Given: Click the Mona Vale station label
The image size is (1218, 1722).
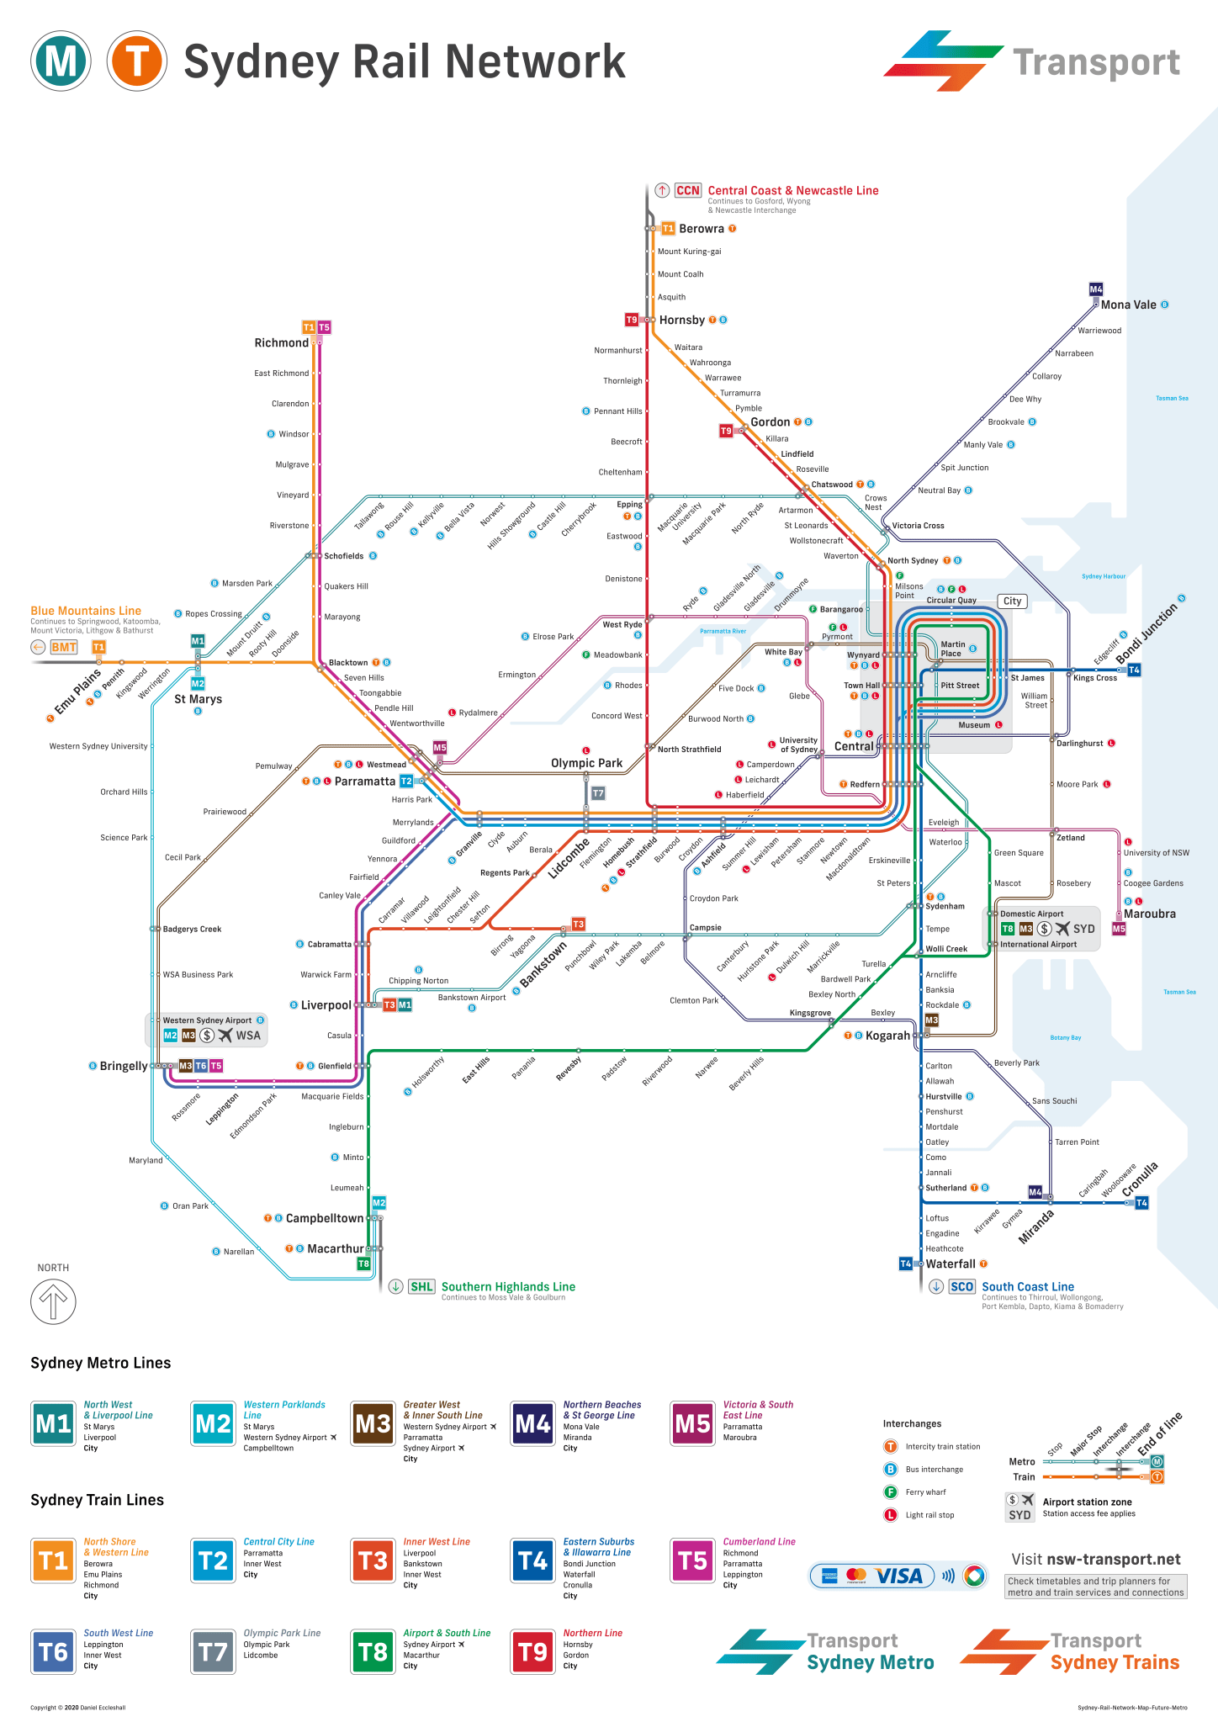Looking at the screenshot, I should [1128, 305].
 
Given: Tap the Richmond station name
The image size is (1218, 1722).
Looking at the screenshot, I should [281, 342].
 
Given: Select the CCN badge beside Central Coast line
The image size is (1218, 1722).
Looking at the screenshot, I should [687, 190].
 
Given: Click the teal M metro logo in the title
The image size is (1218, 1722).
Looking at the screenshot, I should [61, 61].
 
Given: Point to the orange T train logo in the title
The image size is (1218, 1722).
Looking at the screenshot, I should [136, 61].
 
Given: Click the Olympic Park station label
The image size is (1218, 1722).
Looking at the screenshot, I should [586, 763].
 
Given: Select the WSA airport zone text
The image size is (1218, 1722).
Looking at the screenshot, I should [248, 1035].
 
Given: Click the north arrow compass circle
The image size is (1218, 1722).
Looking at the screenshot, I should [53, 1301].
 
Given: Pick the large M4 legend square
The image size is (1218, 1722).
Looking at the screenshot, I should [532, 1423].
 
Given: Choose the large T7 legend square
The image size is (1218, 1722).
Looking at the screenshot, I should [213, 1652].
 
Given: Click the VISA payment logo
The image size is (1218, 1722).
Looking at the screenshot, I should [898, 1576].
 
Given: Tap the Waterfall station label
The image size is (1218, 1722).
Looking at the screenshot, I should [951, 1264].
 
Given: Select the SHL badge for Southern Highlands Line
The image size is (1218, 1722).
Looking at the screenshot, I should [421, 1286].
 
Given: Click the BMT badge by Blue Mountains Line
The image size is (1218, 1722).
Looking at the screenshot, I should [64, 647].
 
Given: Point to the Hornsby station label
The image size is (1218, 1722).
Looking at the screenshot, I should [681, 320].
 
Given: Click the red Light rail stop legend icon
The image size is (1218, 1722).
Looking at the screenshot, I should [890, 1515].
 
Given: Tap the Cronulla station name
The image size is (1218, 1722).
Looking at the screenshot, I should [1140, 1179].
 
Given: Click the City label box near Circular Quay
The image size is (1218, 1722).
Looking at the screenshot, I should [1012, 601].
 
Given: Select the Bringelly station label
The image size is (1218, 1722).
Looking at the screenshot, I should [124, 1066].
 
